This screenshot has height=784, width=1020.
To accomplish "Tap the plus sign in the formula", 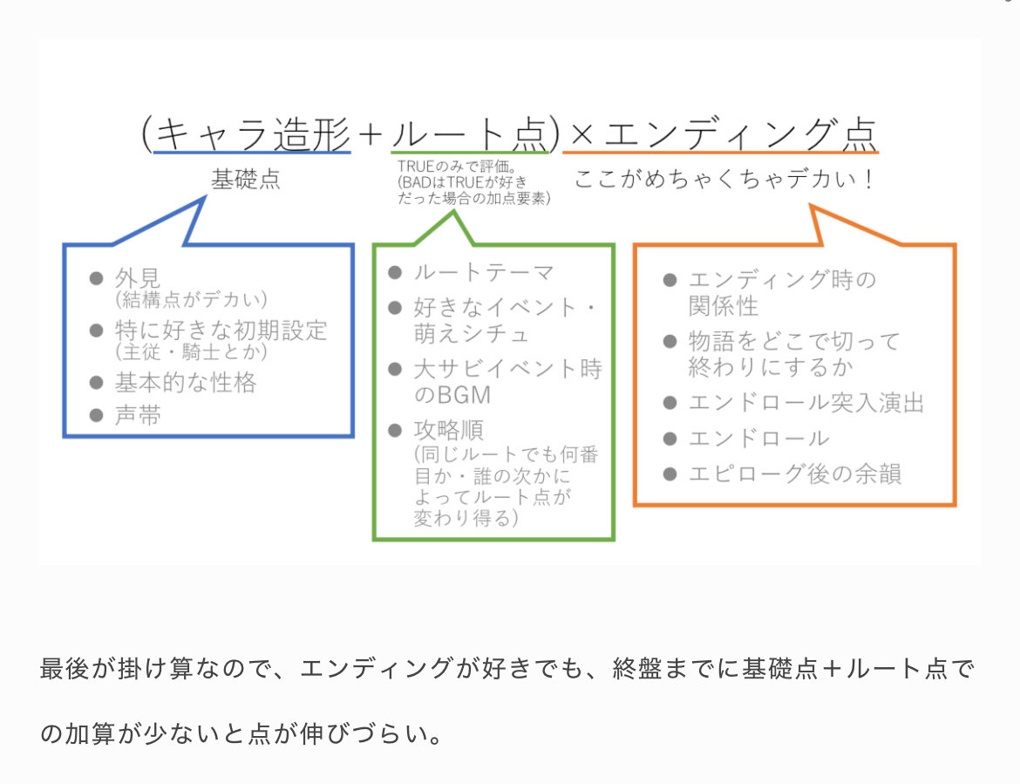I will (371, 134).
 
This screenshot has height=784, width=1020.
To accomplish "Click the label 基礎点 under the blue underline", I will (246, 180).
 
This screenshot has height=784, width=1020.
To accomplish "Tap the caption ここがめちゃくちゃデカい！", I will (724, 180).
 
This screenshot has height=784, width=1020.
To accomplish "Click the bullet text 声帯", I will (138, 415).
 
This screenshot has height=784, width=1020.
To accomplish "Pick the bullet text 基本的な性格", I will (186, 382).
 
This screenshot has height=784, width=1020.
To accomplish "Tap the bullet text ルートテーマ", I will (483, 273).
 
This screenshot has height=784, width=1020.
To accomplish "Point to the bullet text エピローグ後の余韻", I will (794, 474).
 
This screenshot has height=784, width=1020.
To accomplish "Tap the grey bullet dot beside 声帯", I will (96, 416).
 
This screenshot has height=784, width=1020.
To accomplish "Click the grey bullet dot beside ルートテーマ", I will (396, 273).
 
